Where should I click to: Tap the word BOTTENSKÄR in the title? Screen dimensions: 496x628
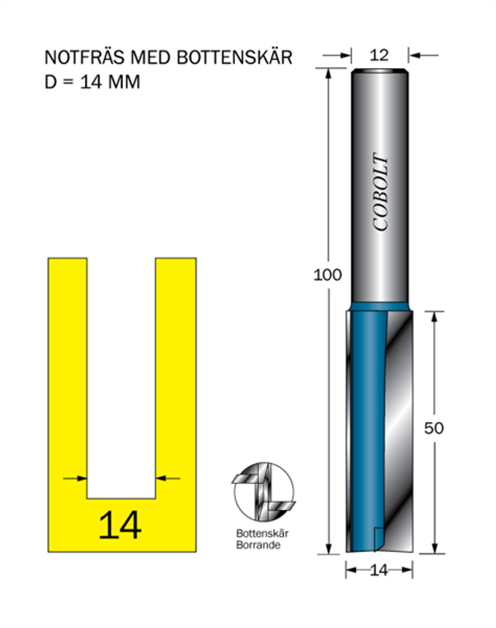click(235, 57)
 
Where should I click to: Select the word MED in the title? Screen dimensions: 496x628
click(151, 58)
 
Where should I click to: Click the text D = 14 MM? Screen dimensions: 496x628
click(92, 82)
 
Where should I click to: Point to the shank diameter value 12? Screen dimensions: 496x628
click(379, 55)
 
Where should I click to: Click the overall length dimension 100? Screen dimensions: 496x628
click(327, 275)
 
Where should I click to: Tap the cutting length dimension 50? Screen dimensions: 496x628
click(434, 429)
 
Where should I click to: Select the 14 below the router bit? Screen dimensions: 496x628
click(379, 570)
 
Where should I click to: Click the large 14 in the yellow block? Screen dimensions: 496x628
click(120, 525)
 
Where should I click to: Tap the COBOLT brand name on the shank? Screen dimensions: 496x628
click(381, 192)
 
